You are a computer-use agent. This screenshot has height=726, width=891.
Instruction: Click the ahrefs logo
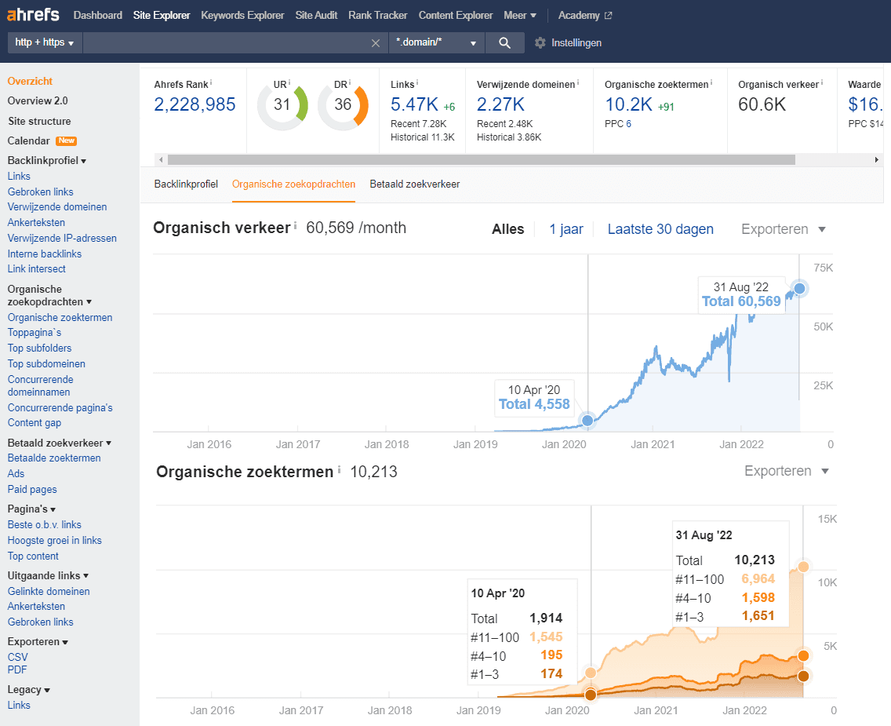[x=33, y=14]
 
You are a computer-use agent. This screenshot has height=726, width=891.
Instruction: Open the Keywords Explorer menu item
[x=242, y=16]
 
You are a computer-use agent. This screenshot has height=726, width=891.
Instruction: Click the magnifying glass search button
[x=504, y=42]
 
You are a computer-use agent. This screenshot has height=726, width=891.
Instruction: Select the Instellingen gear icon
[x=540, y=42]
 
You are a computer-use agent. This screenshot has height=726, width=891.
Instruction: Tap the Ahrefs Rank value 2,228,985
[x=195, y=104]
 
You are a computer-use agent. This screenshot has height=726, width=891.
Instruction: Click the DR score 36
[x=343, y=104]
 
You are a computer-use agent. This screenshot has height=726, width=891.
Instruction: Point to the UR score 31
[x=282, y=104]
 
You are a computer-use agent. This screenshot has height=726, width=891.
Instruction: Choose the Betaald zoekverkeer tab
[x=415, y=184]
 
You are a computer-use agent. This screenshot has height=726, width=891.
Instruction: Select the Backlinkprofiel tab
[x=186, y=184]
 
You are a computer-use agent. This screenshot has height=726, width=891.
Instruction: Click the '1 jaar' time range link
[x=566, y=229]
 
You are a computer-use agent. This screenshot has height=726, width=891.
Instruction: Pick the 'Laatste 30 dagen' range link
[x=660, y=229]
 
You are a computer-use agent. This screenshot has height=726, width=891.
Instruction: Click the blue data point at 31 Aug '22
[x=799, y=289]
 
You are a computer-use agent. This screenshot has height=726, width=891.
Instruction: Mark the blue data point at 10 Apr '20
[x=587, y=421]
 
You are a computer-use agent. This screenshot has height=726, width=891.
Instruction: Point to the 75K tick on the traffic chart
[x=824, y=268]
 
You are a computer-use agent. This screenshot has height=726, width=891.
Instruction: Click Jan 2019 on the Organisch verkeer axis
[x=475, y=444]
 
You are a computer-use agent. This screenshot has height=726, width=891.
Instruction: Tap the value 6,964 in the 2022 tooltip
[x=758, y=578]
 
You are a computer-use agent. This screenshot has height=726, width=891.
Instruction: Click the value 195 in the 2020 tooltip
[x=551, y=655]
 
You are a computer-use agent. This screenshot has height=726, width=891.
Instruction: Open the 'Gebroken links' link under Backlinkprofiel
[x=40, y=192]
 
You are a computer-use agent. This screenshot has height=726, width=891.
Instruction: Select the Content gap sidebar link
[x=34, y=423]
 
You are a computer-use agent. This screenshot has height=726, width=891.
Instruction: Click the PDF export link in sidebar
[x=17, y=669]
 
